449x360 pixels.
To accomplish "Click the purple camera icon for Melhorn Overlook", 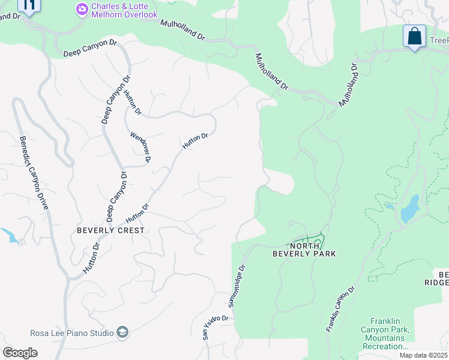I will [82, 9].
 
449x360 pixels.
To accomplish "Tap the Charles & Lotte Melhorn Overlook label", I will [125, 10].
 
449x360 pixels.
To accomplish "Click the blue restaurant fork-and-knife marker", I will [29, 5].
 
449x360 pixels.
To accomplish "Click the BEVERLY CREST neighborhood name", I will [110, 230].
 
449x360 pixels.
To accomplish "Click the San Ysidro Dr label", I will [215, 328].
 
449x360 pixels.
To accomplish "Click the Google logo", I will [20, 353].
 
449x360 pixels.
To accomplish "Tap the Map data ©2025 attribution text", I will [423, 355].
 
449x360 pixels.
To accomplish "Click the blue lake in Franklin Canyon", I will [409, 209].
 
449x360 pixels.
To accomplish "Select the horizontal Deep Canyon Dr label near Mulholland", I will [90, 49].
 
